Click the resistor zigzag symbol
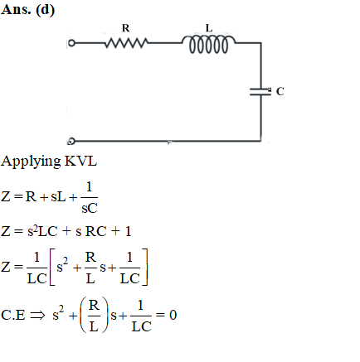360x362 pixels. pos(126,43)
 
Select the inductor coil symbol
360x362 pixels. pos(209,44)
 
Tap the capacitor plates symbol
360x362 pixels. pos(260,92)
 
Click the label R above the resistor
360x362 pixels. pos(125,28)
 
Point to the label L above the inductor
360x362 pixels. pos(209,28)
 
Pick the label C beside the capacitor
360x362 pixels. pos(280,91)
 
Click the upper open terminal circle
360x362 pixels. pos(71,43)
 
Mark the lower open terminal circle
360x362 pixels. pos(71,141)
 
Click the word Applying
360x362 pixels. pos(31,162)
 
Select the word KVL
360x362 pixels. pos(80,161)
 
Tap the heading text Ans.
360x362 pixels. pos(16,9)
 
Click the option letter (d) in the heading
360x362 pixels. pos(46,10)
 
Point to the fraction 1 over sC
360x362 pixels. pos(89,197)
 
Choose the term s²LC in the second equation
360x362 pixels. pos(42,231)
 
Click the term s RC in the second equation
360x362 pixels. pos(91,231)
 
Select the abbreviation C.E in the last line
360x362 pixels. pos(13,315)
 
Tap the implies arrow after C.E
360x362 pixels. pos(37,316)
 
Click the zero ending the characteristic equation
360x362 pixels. pos(173,315)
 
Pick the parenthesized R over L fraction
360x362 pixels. pos(94,315)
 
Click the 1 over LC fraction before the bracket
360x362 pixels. pos(37,268)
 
